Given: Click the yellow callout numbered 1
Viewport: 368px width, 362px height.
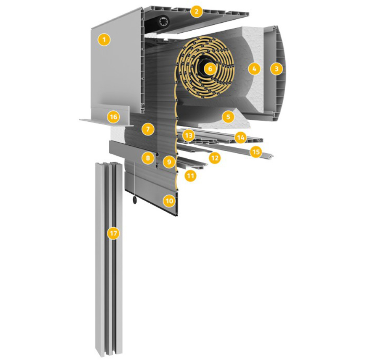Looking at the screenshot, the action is pyautogui.click(x=104, y=40).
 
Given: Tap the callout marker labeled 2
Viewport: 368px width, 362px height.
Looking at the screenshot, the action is pyautogui.click(x=197, y=11).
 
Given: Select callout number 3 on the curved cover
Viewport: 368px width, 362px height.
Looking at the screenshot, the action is pyautogui.click(x=276, y=68).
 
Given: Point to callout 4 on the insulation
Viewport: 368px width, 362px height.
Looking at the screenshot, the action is pyautogui.click(x=254, y=68).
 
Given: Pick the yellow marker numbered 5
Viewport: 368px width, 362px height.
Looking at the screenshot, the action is pyautogui.click(x=228, y=117).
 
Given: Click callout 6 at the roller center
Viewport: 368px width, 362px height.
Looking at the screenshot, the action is pyautogui.click(x=210, y=68).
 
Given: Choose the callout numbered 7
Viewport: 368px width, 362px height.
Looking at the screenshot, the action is pyautogui.click(x=148, y=129).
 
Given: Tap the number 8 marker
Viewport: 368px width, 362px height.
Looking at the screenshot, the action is pyautogui.click(x=148, y=158).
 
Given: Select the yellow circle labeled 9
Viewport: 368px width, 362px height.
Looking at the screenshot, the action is pyautogui.click(x=169, y=162).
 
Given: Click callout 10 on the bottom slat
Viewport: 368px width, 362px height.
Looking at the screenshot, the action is pyautogui.click(x=169, y=201).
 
